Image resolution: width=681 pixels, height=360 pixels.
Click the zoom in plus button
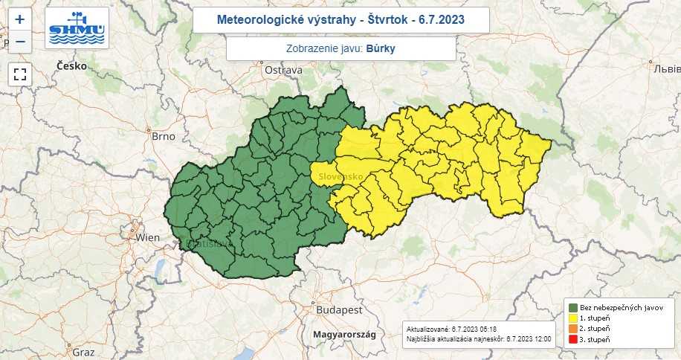20,20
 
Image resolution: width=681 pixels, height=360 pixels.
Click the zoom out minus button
20,42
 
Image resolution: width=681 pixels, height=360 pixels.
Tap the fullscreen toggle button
20,74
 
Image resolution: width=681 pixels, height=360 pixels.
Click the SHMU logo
77,28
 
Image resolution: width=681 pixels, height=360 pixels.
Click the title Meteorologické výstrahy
340,20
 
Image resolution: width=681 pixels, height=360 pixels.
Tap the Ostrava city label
283,70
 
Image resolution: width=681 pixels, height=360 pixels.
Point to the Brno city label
163,137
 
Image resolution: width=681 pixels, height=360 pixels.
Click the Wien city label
148,237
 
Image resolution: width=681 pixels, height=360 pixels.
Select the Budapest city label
338,309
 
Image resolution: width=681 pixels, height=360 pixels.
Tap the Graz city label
83,351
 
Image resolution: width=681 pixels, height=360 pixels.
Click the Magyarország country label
344,335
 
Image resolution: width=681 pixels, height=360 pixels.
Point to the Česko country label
72,66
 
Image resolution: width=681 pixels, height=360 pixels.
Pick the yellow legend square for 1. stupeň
573,318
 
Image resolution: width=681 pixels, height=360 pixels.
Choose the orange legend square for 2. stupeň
573,328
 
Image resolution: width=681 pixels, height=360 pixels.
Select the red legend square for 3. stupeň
573,338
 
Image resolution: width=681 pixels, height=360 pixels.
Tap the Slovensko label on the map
340,176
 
